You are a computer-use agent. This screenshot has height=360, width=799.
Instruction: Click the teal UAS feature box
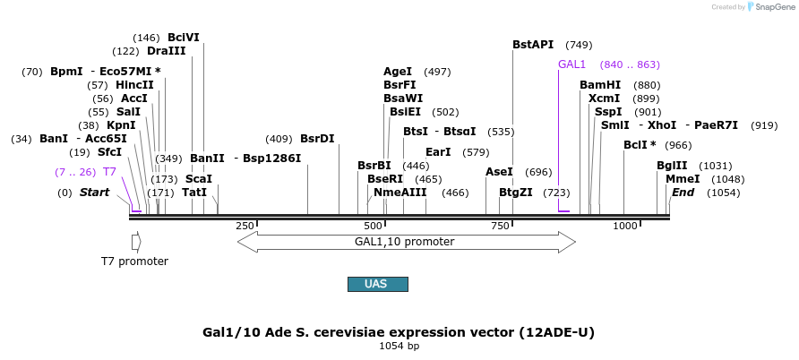click(x=377, y=284)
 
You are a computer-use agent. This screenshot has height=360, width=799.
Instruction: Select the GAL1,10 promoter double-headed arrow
click(x=406, y=241)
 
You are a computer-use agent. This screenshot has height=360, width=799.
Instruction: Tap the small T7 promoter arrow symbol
click(x=135, y=242)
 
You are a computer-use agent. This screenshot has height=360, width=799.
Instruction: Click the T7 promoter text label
click(x=134, y=261)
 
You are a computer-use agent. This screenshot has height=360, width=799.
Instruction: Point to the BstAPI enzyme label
click(x=533, y=44)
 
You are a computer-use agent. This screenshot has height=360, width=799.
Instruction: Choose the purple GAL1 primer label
click(x=571, y=64)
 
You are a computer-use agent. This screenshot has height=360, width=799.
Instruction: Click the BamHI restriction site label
click(x=600, y=85)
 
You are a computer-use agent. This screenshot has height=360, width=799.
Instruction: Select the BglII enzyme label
click(x=672, y=166)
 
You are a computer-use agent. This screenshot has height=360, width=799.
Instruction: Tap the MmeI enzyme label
click(x=683, y=179)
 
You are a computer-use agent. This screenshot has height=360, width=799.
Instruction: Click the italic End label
click(x=683, y=193)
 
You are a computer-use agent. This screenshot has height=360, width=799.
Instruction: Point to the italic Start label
click(x=94, y=193)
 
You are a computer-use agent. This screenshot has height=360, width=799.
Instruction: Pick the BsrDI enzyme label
click(x=317, y=139)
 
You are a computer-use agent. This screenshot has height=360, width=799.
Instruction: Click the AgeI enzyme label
click(x=398, y=72)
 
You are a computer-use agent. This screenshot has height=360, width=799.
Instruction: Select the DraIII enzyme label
click(x=166, y=51)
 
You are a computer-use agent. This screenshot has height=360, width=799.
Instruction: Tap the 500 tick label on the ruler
click(x=373, y=226)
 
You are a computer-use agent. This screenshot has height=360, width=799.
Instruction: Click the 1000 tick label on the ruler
click(x=624, y=226)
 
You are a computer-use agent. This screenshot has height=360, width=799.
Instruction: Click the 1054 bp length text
click(x=399, y=346)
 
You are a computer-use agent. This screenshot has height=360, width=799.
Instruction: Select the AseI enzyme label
click(x=499, y=172)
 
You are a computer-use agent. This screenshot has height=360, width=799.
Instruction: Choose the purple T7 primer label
click(x=109, y=172)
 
